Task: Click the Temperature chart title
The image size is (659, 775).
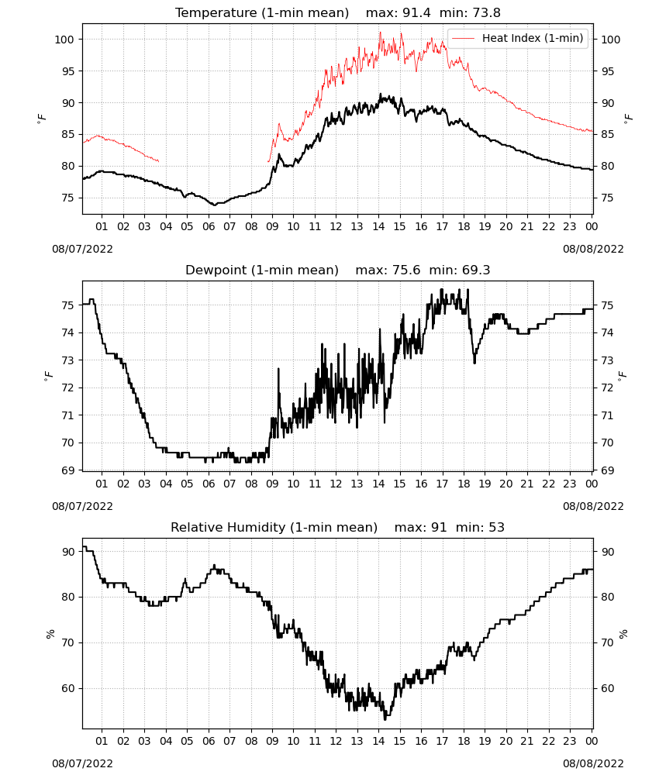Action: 338,12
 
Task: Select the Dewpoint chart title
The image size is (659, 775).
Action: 338,270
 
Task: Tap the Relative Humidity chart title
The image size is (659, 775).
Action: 338,527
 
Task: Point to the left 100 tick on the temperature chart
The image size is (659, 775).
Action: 64,40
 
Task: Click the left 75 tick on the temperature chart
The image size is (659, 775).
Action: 67,198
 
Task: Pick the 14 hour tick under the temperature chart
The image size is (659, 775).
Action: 378,226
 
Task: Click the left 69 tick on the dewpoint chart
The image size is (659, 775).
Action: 67,470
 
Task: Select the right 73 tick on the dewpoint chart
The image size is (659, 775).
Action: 608,360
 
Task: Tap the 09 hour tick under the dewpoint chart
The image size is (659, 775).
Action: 272,484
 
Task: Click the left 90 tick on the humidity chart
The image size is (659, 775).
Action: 67,552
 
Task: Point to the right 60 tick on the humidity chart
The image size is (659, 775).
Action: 608,688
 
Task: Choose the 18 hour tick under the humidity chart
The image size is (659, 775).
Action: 463,741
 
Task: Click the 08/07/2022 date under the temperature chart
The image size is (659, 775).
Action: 82,249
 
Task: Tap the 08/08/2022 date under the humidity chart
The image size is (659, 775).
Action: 593,763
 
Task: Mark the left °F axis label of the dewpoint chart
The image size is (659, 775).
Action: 48,375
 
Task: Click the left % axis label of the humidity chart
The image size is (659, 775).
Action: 50,634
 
